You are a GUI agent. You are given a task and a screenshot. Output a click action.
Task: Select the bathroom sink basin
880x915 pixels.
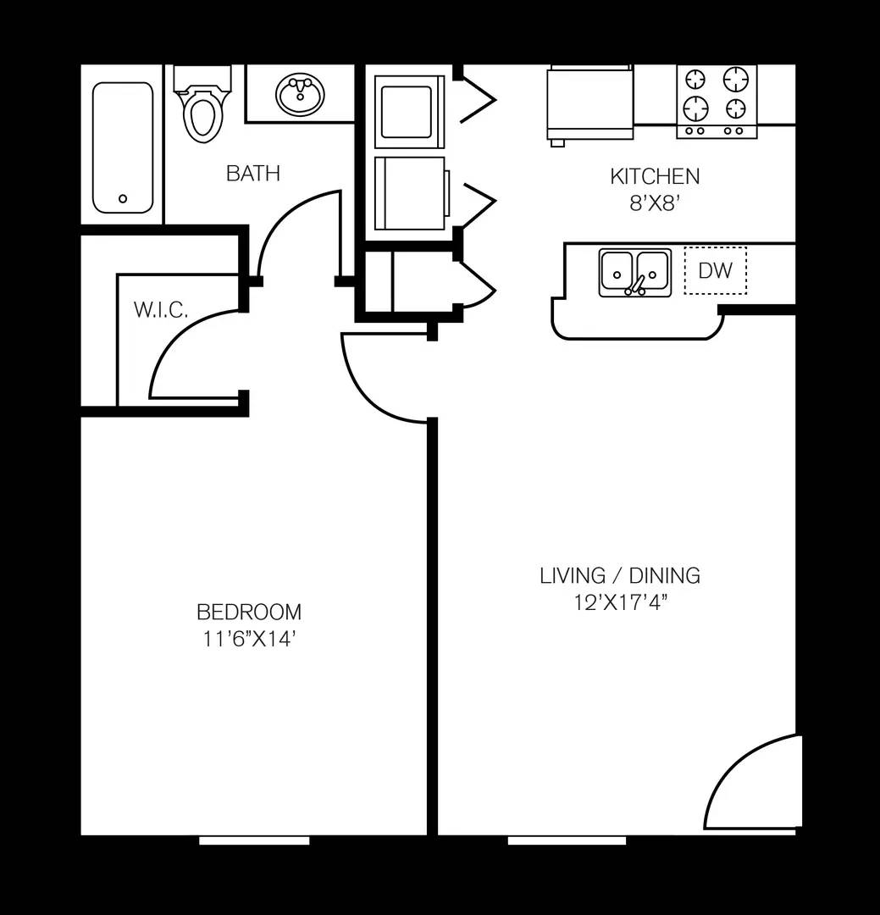(300, 95)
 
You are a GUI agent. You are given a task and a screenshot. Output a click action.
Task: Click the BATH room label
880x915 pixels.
(252, 174)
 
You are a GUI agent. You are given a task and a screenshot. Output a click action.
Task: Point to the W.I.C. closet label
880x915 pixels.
(160, 310)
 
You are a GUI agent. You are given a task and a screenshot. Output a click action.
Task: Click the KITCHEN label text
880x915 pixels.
(655, 176)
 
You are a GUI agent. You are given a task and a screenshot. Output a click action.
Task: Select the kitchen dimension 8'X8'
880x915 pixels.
(655, 204)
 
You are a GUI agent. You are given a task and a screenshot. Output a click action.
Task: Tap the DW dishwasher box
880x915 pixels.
(715, 271)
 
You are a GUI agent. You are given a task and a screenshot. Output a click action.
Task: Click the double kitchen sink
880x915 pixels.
(634, 272)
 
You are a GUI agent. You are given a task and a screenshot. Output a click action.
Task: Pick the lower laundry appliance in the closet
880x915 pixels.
(411, 193)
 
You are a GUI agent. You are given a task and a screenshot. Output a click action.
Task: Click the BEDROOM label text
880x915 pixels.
(248, 611)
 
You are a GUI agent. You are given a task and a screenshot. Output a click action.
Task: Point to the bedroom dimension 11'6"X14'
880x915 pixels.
(248, 639)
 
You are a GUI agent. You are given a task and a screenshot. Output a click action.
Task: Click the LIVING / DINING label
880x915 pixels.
(620, 575)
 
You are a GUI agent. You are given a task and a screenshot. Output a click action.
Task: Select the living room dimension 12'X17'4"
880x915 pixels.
(620, 603)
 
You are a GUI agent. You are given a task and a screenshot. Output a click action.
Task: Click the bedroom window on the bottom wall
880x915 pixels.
(254, 840)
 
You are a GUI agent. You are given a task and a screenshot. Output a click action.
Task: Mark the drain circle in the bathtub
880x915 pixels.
(123, 198)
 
